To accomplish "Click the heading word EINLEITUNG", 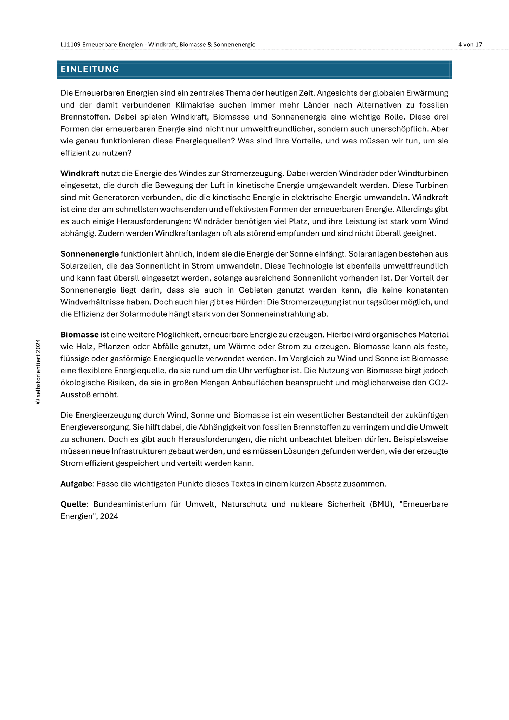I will coord(90,69).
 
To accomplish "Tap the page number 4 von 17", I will coord(470,45).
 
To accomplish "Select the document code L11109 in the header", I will coord(71,45).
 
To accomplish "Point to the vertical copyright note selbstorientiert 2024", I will coord(38,371).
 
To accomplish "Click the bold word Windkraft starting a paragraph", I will coord(80,173).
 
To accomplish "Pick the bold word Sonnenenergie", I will coord(90,254).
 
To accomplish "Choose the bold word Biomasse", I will coord(79,334).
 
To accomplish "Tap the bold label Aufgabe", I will coord(76,484).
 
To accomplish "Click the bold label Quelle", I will coord(73,504).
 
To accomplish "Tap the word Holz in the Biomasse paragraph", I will coord(85,347).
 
